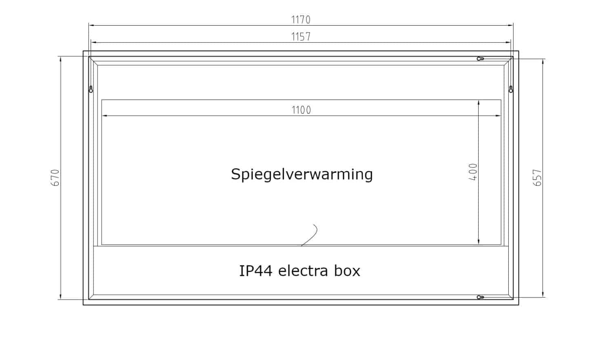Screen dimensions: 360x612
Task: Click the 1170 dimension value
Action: [301, 20]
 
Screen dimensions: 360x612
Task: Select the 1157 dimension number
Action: [301, 37]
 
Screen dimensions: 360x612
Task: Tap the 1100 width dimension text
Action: [301, 110]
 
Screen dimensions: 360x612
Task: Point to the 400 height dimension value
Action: [473, 172]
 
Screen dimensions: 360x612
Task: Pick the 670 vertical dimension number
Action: [55, 178]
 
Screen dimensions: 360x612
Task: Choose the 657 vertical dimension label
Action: [537, 178]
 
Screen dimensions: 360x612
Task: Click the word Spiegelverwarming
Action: [302, 174]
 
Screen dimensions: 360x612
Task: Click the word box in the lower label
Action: [348, 271]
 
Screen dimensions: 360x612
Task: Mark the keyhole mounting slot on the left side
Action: [91, 89]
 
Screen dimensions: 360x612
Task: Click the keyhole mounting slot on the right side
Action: [510, 89]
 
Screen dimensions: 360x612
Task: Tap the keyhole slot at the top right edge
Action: [481, 59]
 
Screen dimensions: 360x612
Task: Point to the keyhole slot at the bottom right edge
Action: [481, 297]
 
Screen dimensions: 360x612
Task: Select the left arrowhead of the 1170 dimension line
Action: [91, 25]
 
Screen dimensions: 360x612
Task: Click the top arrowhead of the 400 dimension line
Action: [479, 103]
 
